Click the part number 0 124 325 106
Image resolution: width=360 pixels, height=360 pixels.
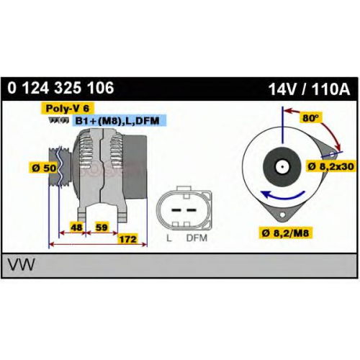pyautogui.click(x=60, y=88)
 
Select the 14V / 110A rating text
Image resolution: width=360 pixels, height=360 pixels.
pyautogui.click(x=309, y=89)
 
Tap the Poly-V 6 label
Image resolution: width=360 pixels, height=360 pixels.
pyautogui.click(x=68, y=108)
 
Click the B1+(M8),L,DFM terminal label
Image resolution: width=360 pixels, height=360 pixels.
pyautogui.click(x=117, y=120)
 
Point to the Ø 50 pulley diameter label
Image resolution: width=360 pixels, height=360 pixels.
pyautogui.click(x=44, y=168)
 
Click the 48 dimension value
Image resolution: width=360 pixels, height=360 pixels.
pyautogui.click(x=77, y=227)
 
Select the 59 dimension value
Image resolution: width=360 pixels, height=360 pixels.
pyautogui.click(x=102, y=227)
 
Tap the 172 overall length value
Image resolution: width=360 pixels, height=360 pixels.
pyautogui.click(x=128, y=239)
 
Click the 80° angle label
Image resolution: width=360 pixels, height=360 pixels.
pyautogui.click(x=310, y=118)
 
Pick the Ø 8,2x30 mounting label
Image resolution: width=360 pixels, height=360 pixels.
pyautogui.click(x=331, y=166)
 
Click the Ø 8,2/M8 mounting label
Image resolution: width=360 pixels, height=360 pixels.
pyautogui.click(x=285, y=233)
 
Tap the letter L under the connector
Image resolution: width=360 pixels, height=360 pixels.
pyautogui.click(x=169, y=238)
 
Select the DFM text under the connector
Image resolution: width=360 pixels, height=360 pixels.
pyautogui.click(x=197, y=238)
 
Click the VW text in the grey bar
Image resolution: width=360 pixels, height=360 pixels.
pyautogui.click(x=22, y=264)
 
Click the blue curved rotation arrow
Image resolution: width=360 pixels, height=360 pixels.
pyautogui.click(x=282, y=195)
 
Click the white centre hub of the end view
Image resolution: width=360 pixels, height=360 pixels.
pyautogui.click(x=282, y=166)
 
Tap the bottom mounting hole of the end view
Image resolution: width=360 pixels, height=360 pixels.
pyautogui.click(x=282, y=215)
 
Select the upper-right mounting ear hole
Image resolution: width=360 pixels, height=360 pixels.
pyautogui.click(x=332, y=154)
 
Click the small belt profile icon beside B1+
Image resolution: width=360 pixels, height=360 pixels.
pyautogui.click(x=58, y=120)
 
